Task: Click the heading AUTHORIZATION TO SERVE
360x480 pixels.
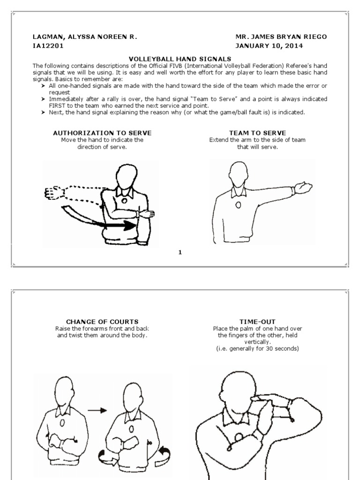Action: pos(102,133)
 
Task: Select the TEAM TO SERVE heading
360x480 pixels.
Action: pos(257,133)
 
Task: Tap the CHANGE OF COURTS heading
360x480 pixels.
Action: pos(102,322)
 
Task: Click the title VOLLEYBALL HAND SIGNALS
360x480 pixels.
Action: pos(180,58)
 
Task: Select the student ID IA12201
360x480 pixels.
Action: pos(48,46)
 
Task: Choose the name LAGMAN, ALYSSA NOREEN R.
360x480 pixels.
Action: pos(85,36)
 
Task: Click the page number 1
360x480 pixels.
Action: pos(180,253)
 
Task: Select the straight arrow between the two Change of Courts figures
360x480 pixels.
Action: pos(97,410)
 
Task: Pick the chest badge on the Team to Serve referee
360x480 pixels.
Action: pos(239,205)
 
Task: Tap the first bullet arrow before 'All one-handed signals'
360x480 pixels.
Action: pos(44,86)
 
